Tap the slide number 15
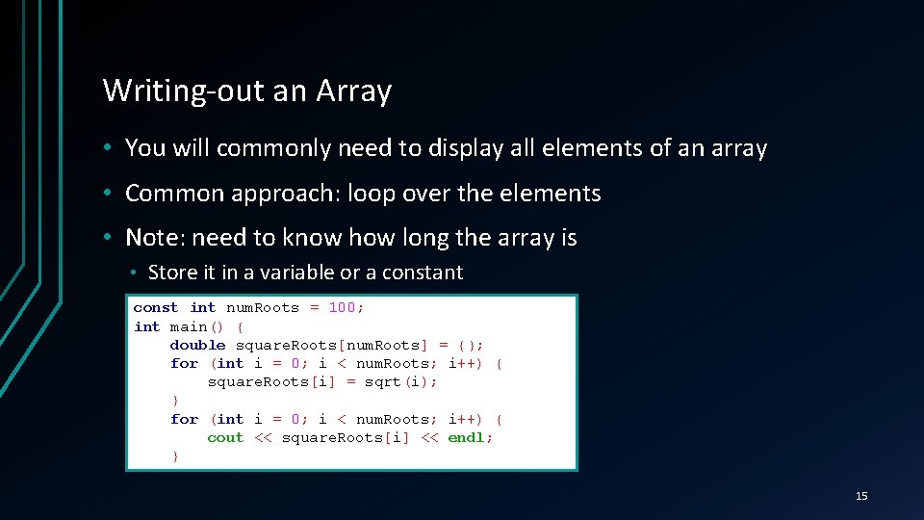[861, 496]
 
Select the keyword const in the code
[155, 308]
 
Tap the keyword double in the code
[197, 345]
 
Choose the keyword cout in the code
[225, 437]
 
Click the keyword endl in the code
[467, 437]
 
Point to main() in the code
[196, 326]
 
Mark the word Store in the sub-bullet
[172, 273]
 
